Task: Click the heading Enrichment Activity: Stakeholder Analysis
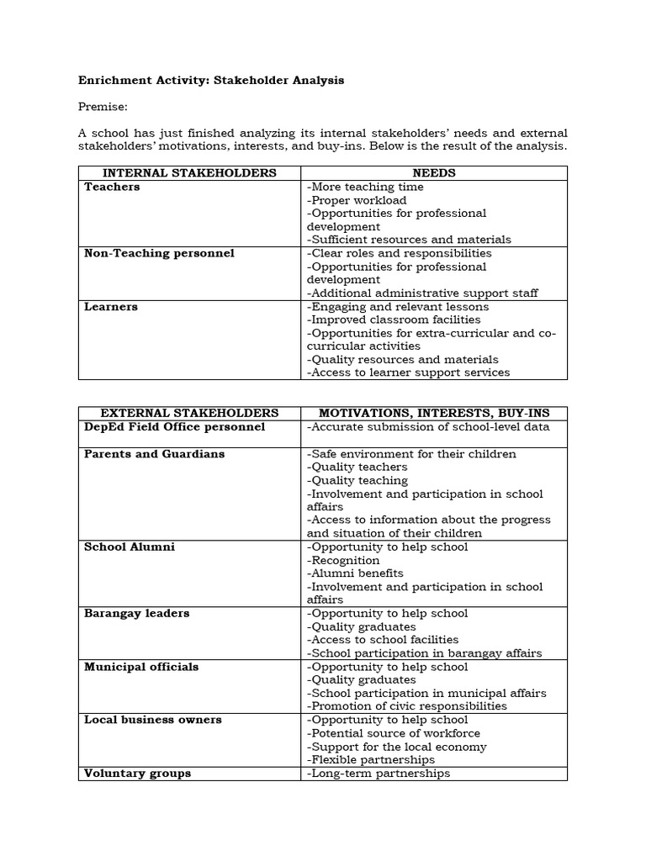211,81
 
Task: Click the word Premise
103,108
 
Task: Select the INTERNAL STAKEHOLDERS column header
189,173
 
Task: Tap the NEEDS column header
434,173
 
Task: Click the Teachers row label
112,187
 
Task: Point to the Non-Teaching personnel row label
159,253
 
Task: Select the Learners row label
111,307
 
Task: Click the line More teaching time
364,187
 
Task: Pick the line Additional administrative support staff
422,293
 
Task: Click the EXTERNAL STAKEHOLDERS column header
189,414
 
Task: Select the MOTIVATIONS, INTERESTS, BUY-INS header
434,414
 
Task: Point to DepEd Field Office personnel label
174,427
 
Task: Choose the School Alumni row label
130,547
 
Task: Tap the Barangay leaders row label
136,614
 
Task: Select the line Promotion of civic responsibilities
407,706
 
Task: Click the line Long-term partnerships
379,774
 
